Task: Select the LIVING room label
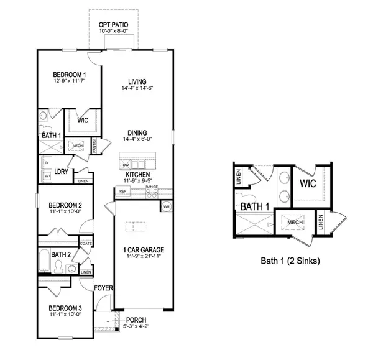coord(137,81)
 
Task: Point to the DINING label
coord(137,132)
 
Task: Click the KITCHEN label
coord(137,175)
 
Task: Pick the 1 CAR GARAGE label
coord(144,250)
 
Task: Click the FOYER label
coord(103,288)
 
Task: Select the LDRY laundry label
coord(62,172)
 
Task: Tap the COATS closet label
coord(86,243)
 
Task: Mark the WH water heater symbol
coord(167,206)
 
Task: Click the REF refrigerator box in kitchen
coord(122,191)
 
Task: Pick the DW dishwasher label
coord(126,164)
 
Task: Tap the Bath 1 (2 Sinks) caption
coord(290,261)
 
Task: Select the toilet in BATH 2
coord(60,266)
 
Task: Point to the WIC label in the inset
coord(309,184)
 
